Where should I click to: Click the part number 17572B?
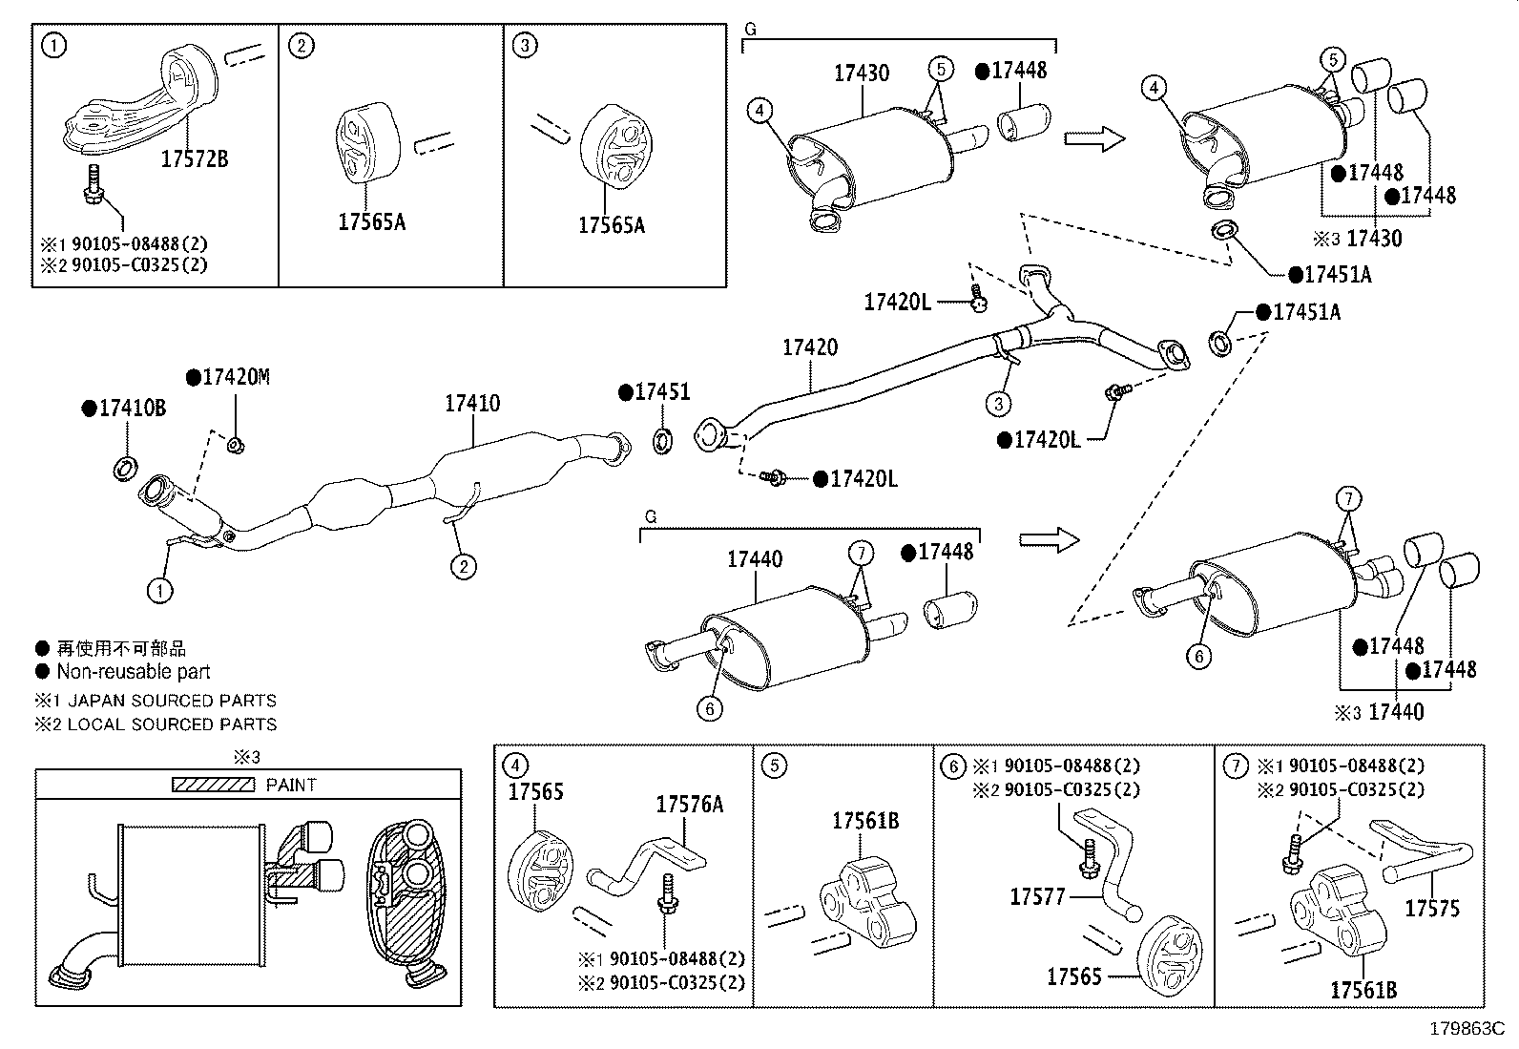pyautogui.click(x=194, y=159)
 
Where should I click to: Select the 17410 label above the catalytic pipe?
pyautogui.click(x=471, y=404)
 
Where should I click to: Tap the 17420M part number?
pyautogui.click(x=235, y=378)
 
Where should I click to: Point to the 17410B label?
pyautogui.click(x=132, y=409)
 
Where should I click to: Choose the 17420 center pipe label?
pyautogui.click(x=810, y=347)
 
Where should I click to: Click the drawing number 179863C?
pyautogui.click(x=1466, y=1029)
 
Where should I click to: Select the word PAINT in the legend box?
pyautogui.click(x=291, y=785)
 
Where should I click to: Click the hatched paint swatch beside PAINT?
pyautogui.click(x=213, y=785)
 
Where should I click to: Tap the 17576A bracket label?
pyautogui.click(x=689, y=805)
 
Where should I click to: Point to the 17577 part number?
pyautogui.click(x=1037, y=896)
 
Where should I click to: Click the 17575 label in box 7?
pyautogui.click(x=1431, y=908)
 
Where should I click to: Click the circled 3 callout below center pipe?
pyautogui.click(x=998, y=405)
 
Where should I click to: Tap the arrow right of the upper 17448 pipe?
pyautogui.click(x=1093, y=139)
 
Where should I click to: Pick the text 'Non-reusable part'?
pyautogui.click(x=134, y=672)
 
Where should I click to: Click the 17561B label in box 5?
pyautogui.click(x=864, y=821)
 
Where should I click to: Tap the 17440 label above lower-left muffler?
pyautogui.click(x=754, y=559)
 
